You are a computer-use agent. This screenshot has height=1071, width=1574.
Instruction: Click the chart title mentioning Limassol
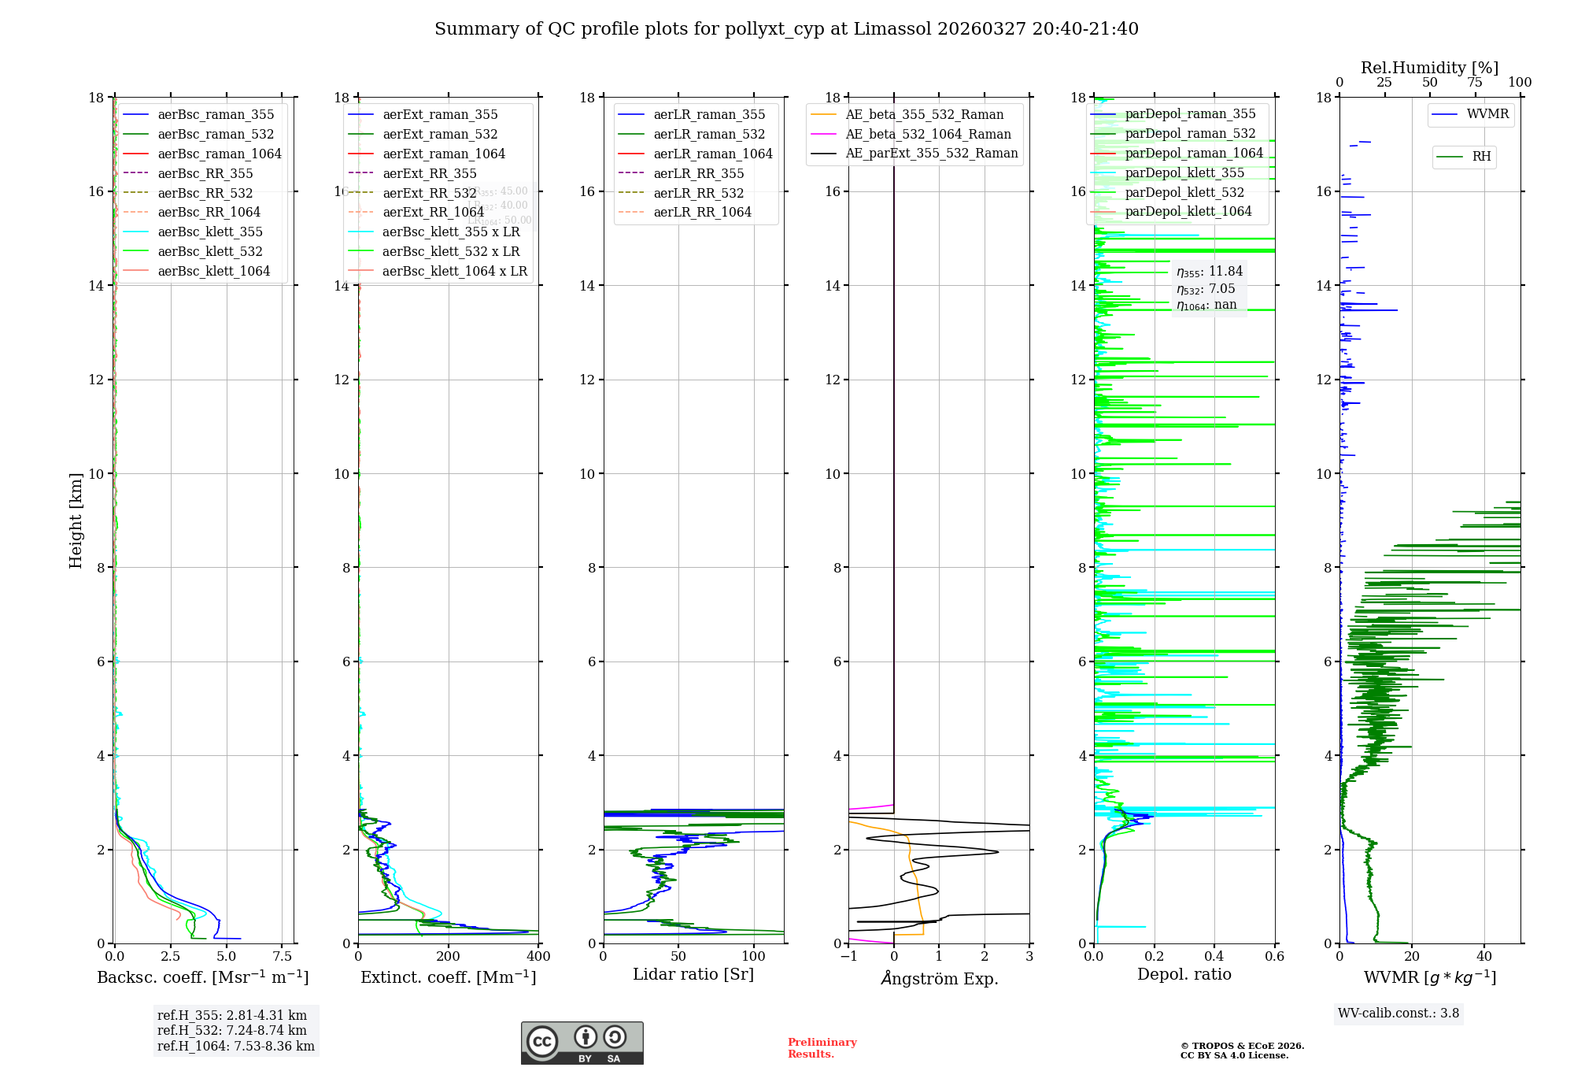[x=786, y=29]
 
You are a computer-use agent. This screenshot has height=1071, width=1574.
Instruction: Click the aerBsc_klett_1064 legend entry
[x=213, y=271]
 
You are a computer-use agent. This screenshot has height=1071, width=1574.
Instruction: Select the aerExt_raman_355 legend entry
[x=440, y=115]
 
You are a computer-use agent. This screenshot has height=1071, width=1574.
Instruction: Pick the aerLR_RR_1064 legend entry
[x=702, y=212]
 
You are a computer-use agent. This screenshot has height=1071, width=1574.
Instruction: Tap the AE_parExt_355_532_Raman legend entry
[x=931, y=153]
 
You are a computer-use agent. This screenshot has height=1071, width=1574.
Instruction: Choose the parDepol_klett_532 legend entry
[x=1184, y=192]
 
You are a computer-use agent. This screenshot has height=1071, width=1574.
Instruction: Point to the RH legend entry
[x=1481, y=157]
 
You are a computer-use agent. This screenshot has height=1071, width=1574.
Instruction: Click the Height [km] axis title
[x=76, y=520]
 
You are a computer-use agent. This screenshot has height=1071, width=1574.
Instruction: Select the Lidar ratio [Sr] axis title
[x=693, y=974]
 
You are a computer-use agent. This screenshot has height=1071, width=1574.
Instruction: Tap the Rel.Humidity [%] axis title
[x=1429, y=68]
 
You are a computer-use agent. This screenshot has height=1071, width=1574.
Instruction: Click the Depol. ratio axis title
[x=1184, y=974]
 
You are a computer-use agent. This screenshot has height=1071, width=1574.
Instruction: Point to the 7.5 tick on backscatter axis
[x=283, y=957]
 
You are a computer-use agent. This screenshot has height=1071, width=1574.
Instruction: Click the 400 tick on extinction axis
[x=538, y=957]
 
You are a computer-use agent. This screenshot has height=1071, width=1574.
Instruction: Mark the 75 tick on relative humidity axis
[x=1474, y=83]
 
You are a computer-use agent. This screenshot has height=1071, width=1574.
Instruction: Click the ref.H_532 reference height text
[x=231, y=1030]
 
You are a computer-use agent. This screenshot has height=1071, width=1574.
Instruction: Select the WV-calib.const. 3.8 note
[x=1398, y=1013]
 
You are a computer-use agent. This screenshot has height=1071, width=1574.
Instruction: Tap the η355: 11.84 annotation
[x=1210, y=272]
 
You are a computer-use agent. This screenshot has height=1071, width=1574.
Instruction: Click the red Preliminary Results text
[x=822, y=1047]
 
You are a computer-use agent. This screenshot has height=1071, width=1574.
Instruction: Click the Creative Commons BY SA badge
[x=582, y=1043]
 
